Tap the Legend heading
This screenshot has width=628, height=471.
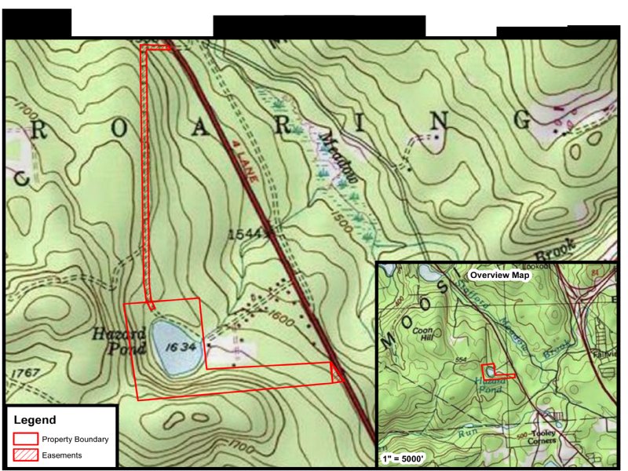tap(35, 421)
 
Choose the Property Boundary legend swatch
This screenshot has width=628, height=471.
tap(26, 439)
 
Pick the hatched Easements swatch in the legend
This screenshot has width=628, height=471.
tap(26, 455)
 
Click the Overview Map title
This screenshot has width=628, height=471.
tap(498, 276)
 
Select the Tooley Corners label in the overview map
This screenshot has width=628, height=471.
tap(537, 436)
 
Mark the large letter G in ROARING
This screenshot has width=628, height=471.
tap(523, 119)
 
